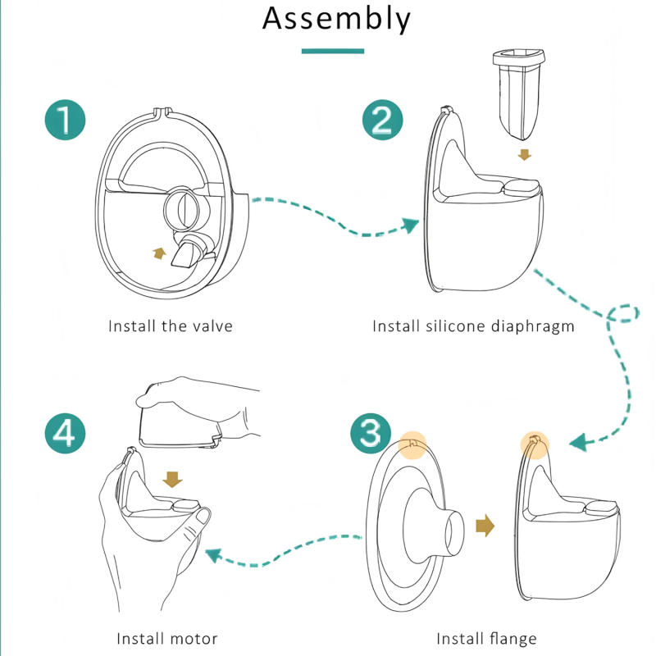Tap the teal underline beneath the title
click(x=333, y=52)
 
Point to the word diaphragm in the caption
click(x=533, y=326)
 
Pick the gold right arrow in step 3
click(x=486, y=526)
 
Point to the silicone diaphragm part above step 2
click(x=517, y=90)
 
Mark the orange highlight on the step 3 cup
click(x=534, y=445)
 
